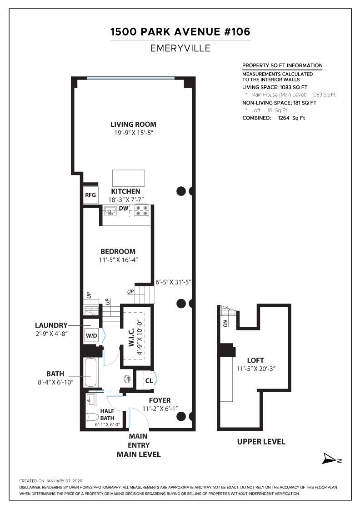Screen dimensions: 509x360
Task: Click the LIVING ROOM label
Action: click(x=133, y=124)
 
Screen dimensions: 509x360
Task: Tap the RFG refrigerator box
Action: click(x=90, y=195)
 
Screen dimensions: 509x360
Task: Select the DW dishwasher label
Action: click(x=124, y=209)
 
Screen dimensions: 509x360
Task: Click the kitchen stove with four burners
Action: click(x=142, y=210)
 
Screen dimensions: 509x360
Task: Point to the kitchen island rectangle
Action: click(x=128, y=178)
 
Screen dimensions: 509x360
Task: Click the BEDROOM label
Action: click(x=118, y=251)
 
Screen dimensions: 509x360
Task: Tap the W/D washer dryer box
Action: click(x=91, y=336)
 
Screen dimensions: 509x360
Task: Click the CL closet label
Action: click(x=149, y=380)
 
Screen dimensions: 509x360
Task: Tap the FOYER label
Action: click(x=160, y=400)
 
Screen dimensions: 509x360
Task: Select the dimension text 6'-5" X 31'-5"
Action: click(x=173, y=282)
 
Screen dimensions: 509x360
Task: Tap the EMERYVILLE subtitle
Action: click(x=180, y=48)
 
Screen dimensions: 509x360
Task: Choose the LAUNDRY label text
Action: click(x=51, y=325)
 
